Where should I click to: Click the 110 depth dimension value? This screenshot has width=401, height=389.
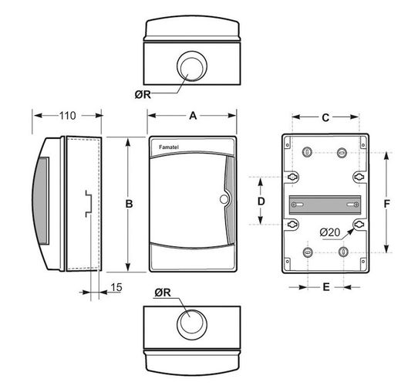click(x=68, y=116)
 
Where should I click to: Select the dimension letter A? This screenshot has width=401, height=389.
click(x=193, y=116)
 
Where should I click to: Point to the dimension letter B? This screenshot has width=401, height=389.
click(x=129, y=204)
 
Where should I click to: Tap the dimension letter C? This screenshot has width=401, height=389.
click(x=325, y=118)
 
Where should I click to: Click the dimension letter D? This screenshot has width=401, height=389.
click(x=261, y=201)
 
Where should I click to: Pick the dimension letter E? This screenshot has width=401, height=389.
click(x=326, y=286)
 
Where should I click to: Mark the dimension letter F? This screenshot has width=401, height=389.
click(x=386, y=204)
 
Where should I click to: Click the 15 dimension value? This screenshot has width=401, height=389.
click(x=116, y=287)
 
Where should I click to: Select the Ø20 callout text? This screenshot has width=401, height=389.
click(x=330, y=232)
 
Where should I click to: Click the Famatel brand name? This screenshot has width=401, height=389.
click(x=169, y=147)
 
